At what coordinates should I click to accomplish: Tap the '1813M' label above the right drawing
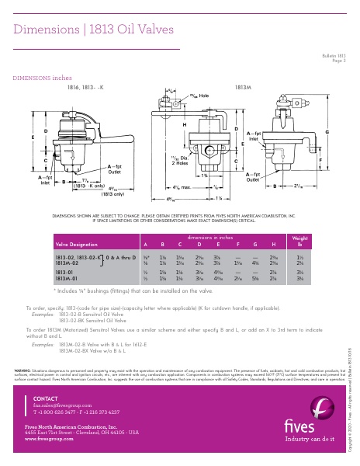coord(243,88)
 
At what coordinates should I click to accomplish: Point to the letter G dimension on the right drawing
coord(327,133)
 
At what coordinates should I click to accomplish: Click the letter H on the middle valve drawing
coord(184,125)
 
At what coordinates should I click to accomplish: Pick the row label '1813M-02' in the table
coord(66,263)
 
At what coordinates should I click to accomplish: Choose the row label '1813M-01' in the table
coord(66,279)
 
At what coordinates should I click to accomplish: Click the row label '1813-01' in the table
coord(64,273)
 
